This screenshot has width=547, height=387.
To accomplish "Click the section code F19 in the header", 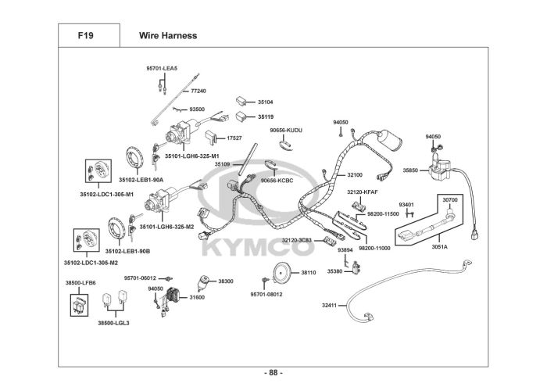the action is coord(85,36).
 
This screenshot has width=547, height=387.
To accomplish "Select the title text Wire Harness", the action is coord(168,36).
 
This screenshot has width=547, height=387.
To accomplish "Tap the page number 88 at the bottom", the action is coord(273,373).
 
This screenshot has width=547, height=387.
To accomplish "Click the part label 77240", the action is coord(198,91).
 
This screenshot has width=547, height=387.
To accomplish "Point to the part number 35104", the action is coord(265,102).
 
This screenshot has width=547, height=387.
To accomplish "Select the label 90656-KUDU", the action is coord(286,130).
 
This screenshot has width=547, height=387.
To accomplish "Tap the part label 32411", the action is coord(329,306).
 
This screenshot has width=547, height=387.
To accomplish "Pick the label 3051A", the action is coord(439,247).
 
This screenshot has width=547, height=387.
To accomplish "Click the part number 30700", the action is coord(450,200).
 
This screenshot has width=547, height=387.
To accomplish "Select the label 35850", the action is coord(410,170).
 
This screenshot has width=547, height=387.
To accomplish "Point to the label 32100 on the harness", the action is coord(355,175).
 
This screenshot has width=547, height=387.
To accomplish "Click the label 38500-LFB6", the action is coord(80,283).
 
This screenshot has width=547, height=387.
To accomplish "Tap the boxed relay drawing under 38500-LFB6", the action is coord(79,305).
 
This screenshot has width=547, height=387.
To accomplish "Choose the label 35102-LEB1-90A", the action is coord(141,180).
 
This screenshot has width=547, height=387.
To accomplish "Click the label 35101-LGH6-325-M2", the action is coord(166,227).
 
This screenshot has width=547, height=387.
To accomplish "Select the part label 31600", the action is coord(197,298).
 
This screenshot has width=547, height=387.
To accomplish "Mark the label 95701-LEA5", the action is coord(162,68).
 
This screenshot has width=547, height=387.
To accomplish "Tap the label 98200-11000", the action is coord(374,248).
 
